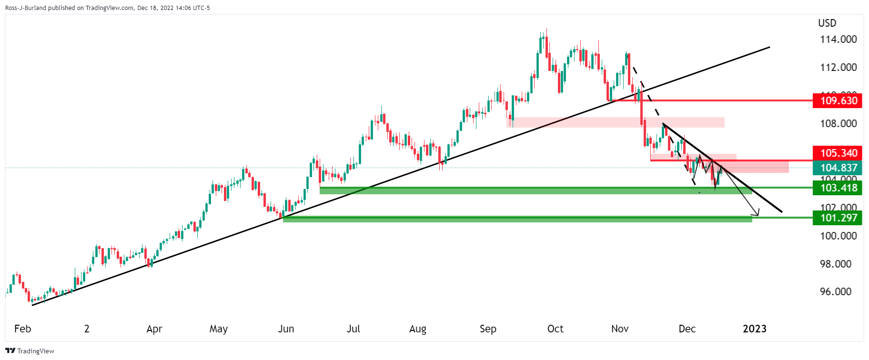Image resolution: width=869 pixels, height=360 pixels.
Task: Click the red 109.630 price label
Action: (838, 101)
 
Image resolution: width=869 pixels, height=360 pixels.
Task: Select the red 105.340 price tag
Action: (838, 153)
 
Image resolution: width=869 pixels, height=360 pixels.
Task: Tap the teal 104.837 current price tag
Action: (838, 168)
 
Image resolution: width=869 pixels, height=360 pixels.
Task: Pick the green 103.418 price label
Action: (838, 188)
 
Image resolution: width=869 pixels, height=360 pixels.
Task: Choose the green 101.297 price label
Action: (838, 218)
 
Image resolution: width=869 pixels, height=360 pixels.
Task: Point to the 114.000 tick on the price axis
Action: (838, 40)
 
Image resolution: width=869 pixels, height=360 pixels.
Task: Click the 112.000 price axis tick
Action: (838, 68)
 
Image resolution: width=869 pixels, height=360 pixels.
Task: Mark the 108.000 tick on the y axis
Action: (838, 124)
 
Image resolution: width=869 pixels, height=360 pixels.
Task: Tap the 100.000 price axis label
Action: (838, 236)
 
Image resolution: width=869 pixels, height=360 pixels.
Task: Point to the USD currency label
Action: (827, 23)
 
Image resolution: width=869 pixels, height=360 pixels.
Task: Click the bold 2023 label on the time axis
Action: (755, 329)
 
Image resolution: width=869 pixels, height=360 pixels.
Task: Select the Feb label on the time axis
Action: (22, 329)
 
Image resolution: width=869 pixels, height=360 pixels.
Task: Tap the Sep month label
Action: (488, 329)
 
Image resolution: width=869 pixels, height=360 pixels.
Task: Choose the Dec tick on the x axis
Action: (687, 329)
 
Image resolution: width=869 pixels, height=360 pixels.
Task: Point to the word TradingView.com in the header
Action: (109, 8)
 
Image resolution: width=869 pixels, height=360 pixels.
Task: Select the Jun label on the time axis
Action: (286, 329)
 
